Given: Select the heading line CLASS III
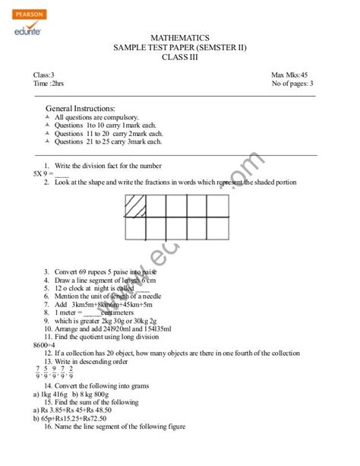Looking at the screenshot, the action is click(x=181, y=58).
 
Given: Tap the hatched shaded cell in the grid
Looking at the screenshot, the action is click(x=137, y=205).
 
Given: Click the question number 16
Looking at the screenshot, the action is click(x=49, y=427).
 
